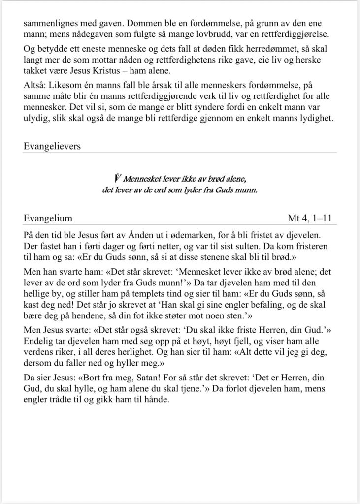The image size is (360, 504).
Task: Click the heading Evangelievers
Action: point(52,146)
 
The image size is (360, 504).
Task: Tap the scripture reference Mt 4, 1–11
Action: point(312,218)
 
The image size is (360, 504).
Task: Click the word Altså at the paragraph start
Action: point(34,86)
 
